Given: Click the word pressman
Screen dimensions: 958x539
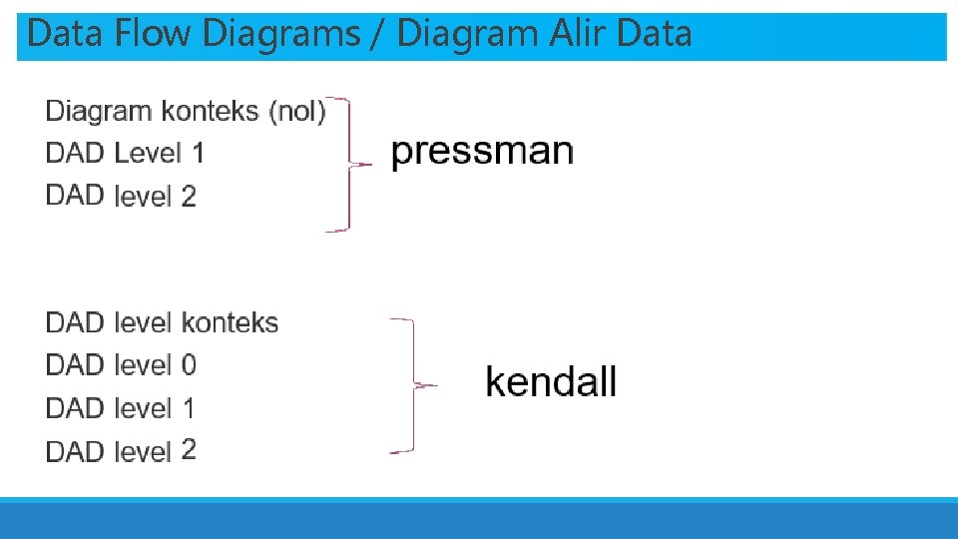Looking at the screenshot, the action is coord(482,153).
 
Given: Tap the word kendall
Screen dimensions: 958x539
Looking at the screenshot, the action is coord(551,382).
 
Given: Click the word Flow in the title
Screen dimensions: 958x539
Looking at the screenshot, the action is coord(153,34).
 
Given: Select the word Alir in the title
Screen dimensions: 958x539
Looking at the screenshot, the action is coord(578,34).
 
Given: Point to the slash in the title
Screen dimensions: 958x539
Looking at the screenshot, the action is coord(379,34).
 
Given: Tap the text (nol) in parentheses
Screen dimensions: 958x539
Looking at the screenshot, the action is coord(298,111).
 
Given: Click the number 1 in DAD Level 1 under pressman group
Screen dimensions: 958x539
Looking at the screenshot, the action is coord(198,154).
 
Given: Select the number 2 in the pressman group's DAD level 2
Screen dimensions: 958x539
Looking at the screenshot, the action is coord(189,197).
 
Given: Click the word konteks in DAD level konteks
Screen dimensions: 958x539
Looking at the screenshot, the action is coord(230,323).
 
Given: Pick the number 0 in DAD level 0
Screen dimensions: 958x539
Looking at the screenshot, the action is coord(189,365).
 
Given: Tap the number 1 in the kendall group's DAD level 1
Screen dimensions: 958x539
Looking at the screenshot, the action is coord(189,408).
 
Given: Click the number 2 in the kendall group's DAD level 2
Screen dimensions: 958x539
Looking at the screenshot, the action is coord(189,450).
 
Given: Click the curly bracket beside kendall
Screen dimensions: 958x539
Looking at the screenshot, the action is coord(411,386).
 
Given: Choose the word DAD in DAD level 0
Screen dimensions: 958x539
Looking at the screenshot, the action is coord(75,365).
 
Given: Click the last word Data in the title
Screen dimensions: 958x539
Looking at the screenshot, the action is coord(654,34).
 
